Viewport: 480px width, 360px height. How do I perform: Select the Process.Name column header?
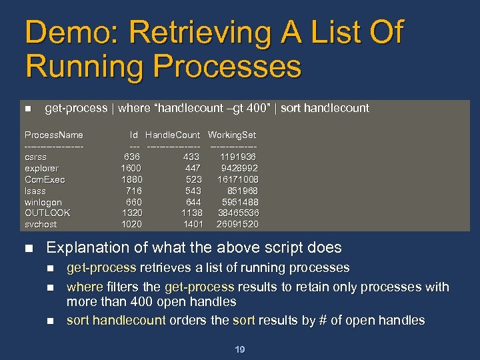[54, 135]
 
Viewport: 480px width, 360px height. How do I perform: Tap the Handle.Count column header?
[173, 135]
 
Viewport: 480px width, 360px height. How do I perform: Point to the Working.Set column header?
[232, 135]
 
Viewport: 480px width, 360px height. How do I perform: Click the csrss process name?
[36, 157]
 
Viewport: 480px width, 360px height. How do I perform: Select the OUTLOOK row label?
[48, 213]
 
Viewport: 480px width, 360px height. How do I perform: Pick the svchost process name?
[41, 224]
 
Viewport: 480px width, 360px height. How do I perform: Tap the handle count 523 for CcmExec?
[194, 179]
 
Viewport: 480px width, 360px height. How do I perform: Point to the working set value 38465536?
[238, 213]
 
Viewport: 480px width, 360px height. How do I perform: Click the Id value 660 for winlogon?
[134, 202]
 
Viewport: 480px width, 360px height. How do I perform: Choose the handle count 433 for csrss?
[192, 157]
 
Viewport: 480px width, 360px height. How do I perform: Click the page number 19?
[239, 349]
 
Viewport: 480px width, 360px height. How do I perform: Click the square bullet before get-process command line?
[27, 109]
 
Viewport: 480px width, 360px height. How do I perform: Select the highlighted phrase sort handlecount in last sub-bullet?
[116, 321]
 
